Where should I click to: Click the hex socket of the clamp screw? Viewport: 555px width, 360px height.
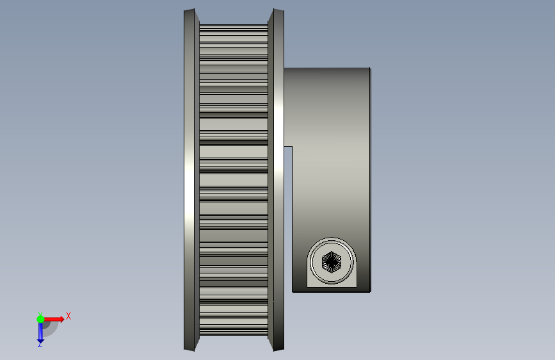click(332, 262)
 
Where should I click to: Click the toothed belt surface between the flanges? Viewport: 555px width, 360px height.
click(234, 180)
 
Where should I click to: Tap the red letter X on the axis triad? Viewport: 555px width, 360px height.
click(68, 316)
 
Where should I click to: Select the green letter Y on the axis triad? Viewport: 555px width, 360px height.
click(40, 314)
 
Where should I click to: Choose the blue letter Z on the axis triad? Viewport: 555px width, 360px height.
click(40, 345)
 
